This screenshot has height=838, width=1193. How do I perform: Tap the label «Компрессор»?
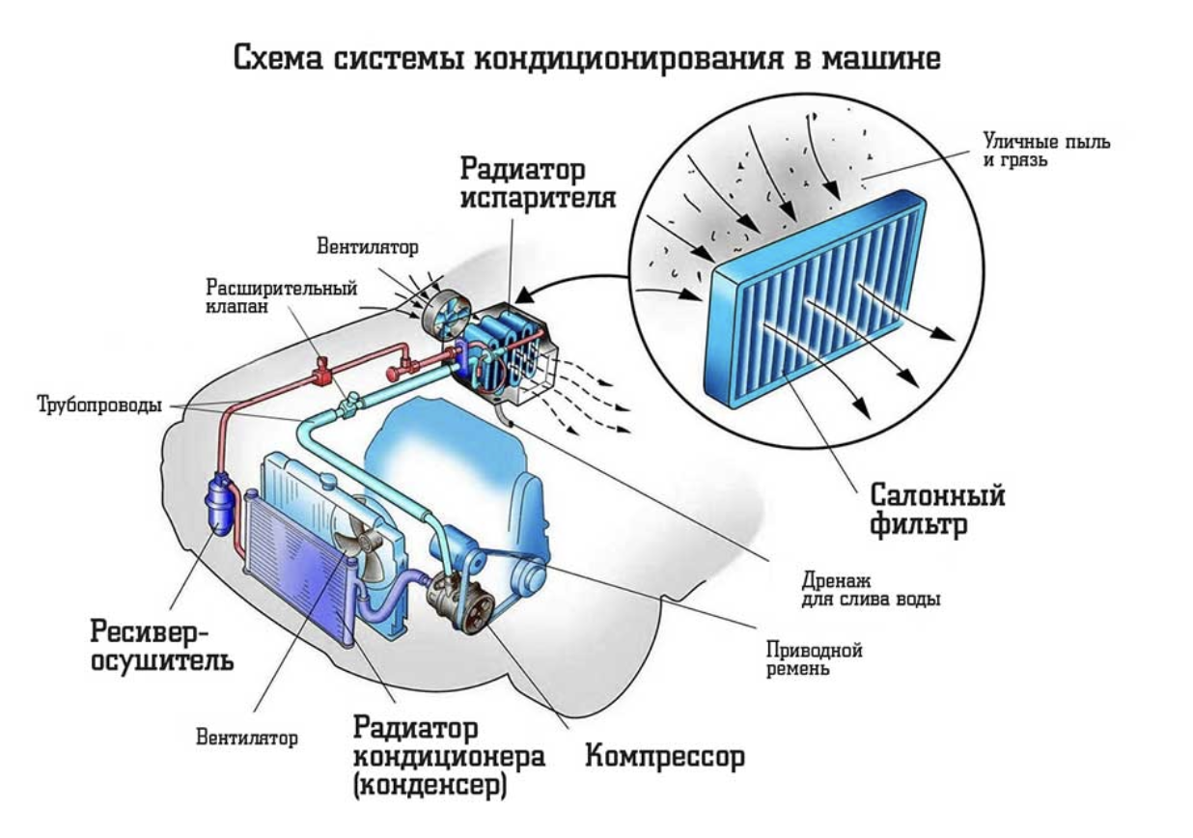[665, 757]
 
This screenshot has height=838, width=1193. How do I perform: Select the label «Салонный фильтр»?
[937, 510]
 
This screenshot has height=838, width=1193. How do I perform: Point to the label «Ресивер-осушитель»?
[162, 647]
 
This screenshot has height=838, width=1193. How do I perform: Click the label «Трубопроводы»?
[99, 405]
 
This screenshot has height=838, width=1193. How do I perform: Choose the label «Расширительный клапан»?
[281, 296]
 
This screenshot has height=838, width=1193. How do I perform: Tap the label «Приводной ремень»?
[814, 658]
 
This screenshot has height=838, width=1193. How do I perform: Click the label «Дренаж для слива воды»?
[871, 590]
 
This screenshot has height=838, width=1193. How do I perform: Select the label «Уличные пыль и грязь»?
[1046, 151]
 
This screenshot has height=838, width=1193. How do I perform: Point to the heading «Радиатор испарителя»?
[538, 183]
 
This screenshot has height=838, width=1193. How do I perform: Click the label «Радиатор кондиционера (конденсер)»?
[449, 757]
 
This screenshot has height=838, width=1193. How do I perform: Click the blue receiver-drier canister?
[219, 502]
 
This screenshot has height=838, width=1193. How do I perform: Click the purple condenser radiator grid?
[299, 569]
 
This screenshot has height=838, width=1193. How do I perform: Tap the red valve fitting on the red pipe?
[321, 371]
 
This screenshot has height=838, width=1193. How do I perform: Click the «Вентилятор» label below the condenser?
[247, 738]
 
